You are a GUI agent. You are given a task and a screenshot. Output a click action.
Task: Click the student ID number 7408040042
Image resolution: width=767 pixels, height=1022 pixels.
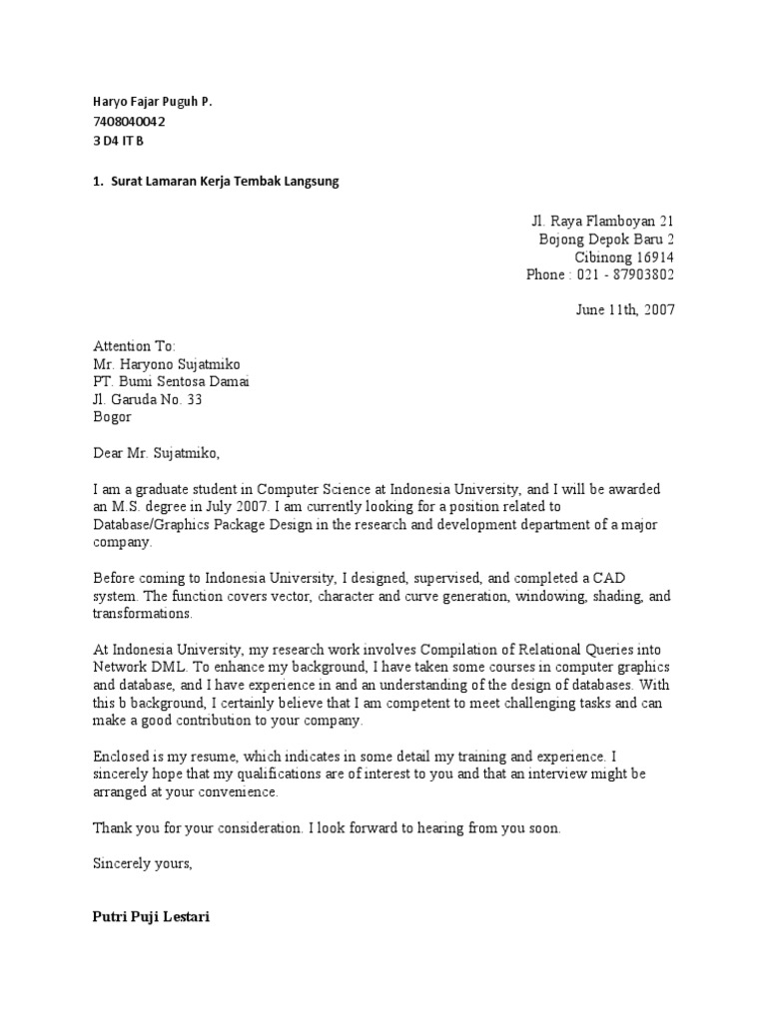coord(123,122)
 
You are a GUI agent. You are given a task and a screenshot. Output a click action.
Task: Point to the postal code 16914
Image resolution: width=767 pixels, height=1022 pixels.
coord(653,256)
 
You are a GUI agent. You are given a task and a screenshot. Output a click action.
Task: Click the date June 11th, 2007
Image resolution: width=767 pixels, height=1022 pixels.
coord(625,309)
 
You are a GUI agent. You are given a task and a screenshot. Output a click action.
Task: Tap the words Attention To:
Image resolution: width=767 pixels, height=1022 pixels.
coord(134,345)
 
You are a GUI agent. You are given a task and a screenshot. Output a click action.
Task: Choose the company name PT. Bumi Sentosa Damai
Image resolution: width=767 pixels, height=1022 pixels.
coord(172,381)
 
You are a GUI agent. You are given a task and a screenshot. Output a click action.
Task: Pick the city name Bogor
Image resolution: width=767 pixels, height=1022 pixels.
coord(113,417)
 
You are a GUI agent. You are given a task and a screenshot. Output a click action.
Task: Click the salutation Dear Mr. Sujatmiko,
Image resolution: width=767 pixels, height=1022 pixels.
coord(155,453)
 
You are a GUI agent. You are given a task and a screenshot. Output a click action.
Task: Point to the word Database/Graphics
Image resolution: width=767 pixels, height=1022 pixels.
coord(152,525)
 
